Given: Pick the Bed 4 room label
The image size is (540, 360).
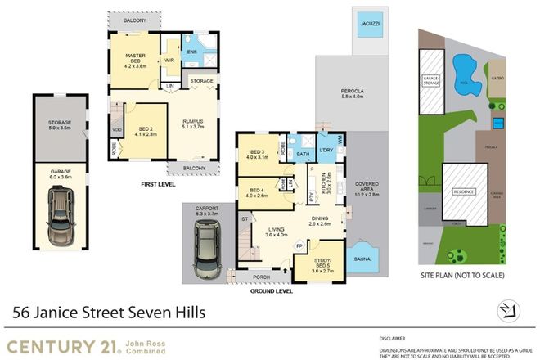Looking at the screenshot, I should (x=257, y=192).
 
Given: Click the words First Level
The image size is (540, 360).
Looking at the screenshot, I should (x=160, y=184).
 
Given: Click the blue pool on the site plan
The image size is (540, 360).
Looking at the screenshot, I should (x=465, y=64).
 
